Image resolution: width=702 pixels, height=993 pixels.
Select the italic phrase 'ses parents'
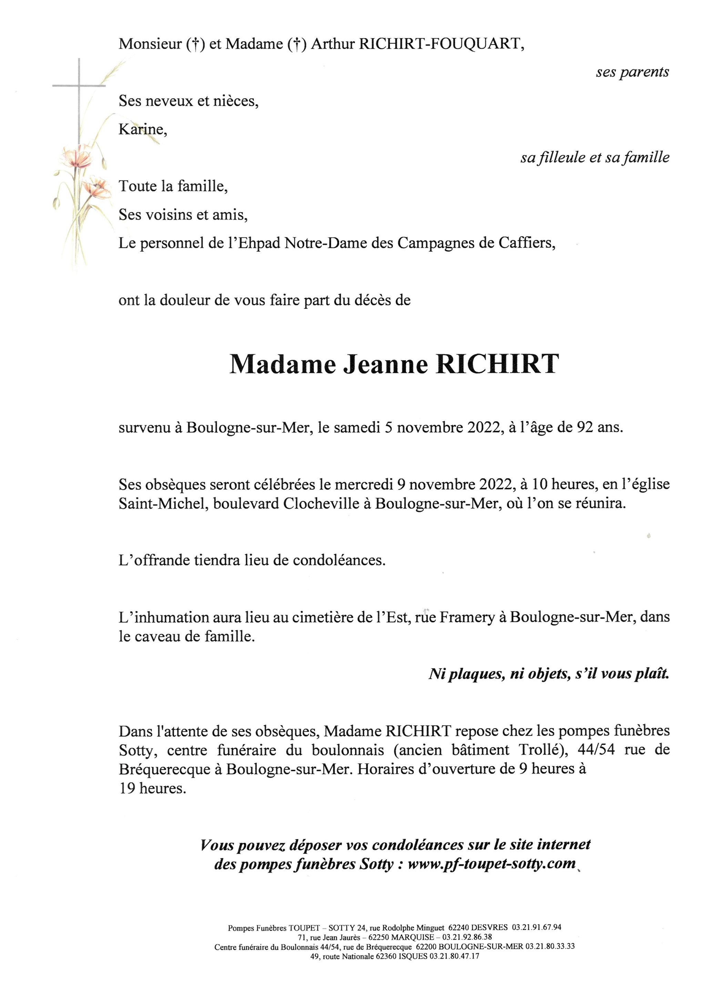[632, 72]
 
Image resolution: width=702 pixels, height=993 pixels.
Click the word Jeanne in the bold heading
[385, 364]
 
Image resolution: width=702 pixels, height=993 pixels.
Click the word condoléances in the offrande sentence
[338, 561]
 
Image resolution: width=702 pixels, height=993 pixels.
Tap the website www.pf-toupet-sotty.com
[491, 864]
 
